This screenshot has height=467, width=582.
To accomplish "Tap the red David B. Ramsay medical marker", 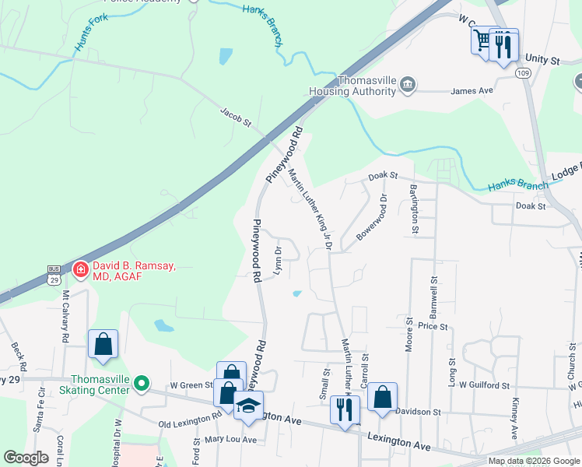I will (x=80, y=270).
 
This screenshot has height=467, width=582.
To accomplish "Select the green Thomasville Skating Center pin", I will (x=141, y=383).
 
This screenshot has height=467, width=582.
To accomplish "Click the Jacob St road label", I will (x=236, y=118).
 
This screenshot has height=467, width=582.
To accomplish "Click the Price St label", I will (x=433, y=327).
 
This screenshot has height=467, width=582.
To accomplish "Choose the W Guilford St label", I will (x=483, y=384).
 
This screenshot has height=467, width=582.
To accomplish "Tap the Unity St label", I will (x=542, y=59).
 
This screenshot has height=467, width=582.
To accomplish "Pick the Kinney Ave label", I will (x=514, y=418).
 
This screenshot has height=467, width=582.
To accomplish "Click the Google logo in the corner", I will (x=26, y=458).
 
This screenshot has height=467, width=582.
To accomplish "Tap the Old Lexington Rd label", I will (x=190, y=423).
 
